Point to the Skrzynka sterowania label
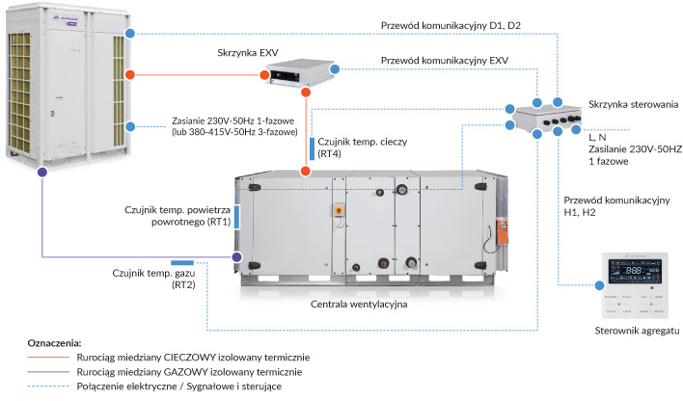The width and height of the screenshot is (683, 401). click(x=626, y=103)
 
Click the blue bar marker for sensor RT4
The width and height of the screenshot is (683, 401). click(x=312, y=147)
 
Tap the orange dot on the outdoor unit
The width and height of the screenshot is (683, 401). click(x=130, y=73)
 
